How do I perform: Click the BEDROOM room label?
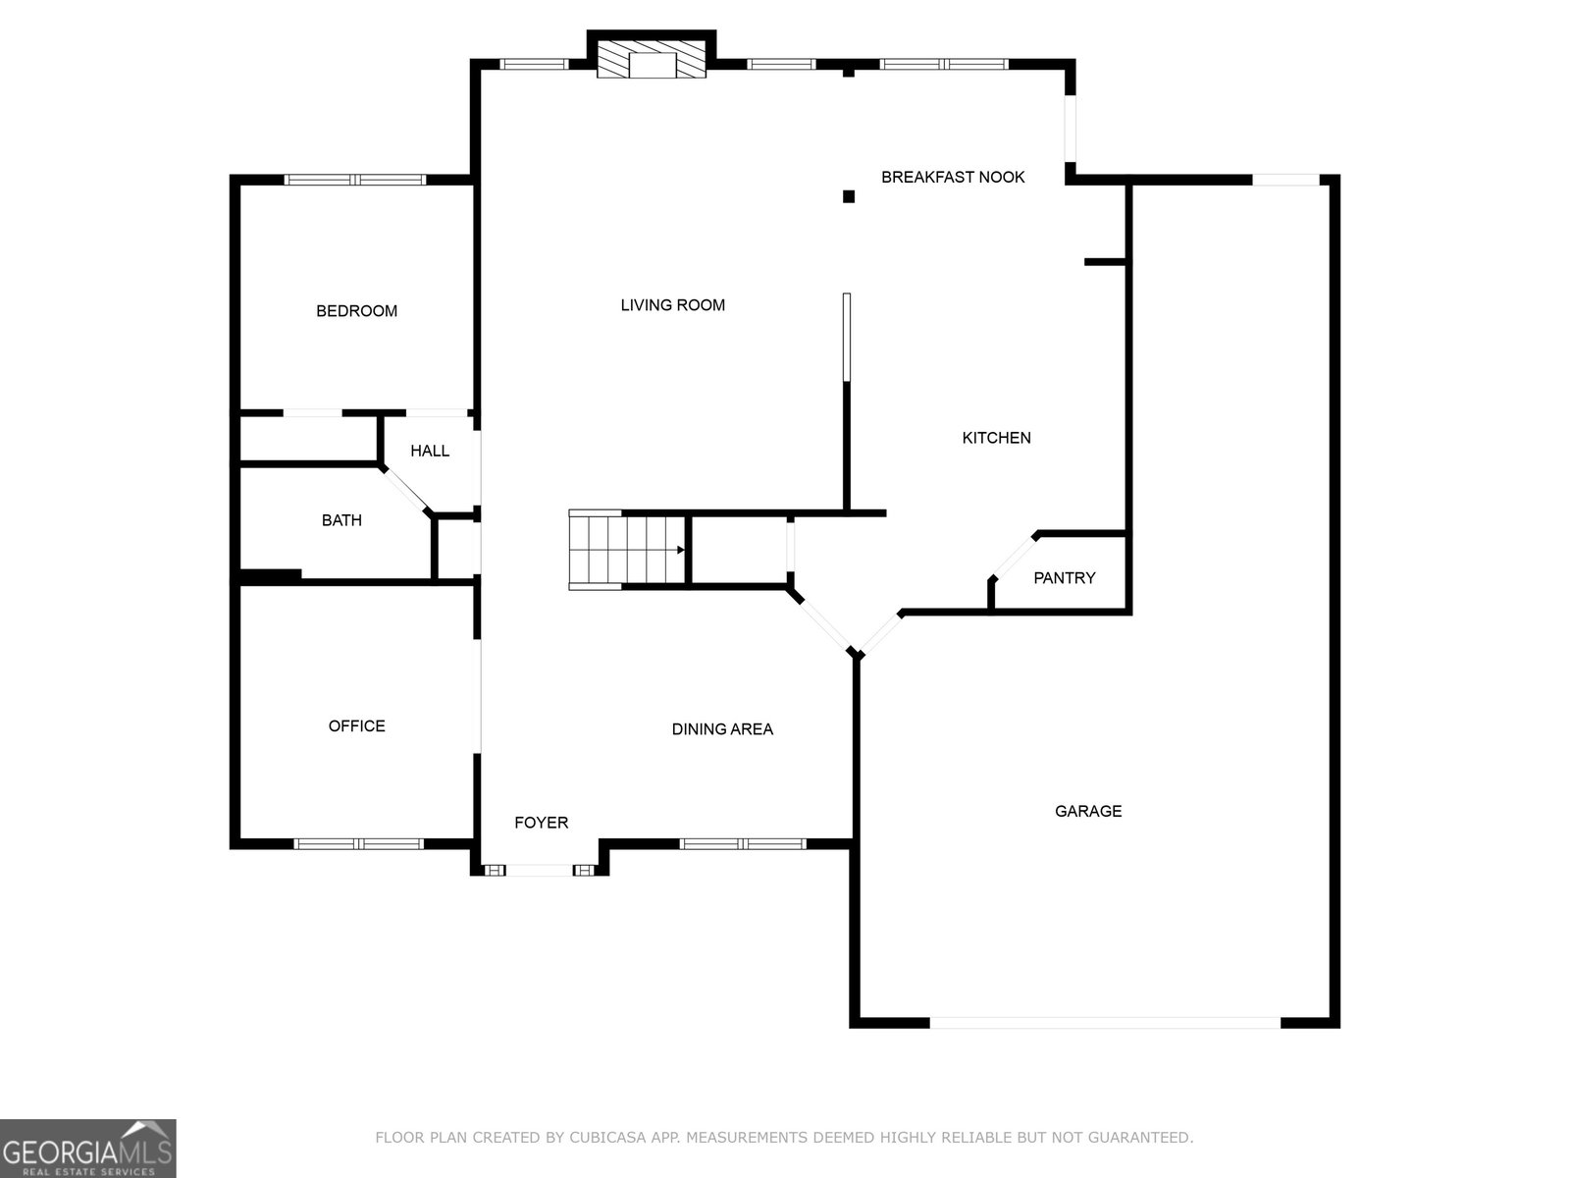356,311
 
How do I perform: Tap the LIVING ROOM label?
672,305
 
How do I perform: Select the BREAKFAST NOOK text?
953,177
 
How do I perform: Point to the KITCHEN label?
996,438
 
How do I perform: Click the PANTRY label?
1065,578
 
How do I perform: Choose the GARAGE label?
1088,811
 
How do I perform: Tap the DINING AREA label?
722,729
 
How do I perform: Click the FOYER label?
542,824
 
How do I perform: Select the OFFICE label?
357,726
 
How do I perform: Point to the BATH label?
341,520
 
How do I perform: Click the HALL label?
430,452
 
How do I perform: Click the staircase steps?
627,550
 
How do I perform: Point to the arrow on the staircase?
681,550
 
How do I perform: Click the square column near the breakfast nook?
849,196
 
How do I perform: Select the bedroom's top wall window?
355,180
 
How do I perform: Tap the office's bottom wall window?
358,844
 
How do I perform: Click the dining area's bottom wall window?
743,844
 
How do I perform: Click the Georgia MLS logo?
88,1149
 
